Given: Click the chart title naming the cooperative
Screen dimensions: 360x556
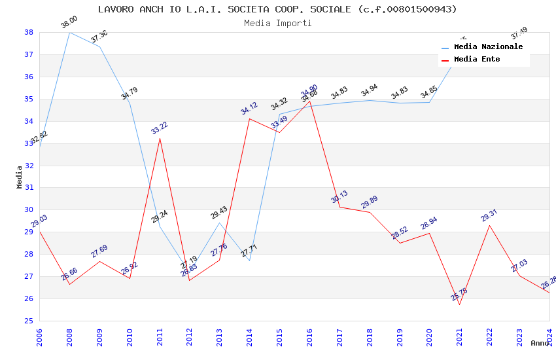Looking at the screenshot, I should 277,9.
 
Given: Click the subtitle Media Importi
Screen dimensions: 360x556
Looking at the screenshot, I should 277,23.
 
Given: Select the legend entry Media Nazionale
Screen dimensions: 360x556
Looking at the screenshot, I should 488,47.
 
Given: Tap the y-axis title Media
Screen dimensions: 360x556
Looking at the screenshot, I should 20,177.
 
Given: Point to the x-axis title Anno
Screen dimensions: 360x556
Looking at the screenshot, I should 540,343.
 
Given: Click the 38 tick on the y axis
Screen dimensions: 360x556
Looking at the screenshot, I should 29,32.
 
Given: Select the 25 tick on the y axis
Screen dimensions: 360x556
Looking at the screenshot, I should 29,321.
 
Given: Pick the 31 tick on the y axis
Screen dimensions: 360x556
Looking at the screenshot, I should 29,188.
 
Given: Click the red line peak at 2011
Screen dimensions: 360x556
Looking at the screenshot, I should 160,138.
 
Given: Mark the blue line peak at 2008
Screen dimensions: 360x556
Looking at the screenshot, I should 70,32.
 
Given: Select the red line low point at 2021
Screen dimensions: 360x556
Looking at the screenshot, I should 459,304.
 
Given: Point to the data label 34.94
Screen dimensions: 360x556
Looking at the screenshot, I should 369,90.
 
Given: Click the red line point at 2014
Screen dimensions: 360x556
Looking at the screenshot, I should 250,118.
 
